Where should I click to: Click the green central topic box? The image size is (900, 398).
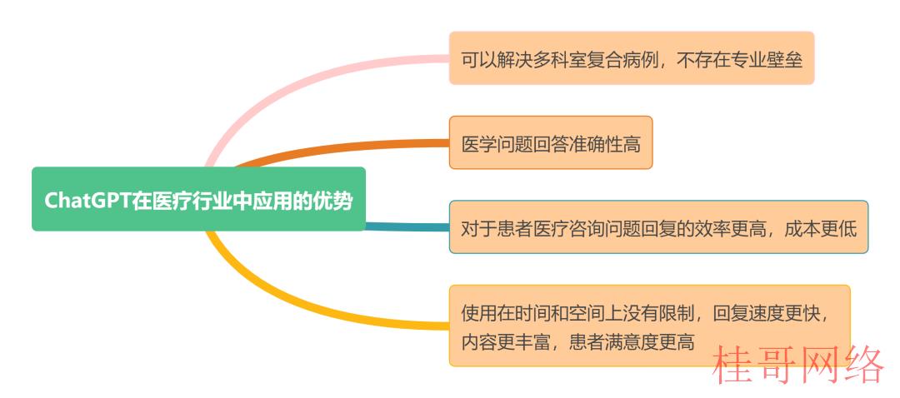click(x=198, y=199)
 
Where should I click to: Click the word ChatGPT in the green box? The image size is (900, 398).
click(x=87, y=201)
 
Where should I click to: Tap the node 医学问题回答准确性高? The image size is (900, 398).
click(x=551, y=143)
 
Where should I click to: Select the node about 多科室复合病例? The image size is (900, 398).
click(x=632, y=58)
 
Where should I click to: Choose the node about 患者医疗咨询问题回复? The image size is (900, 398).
click(x=658, y=227)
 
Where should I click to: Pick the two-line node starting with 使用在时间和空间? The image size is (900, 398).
click(x=649, y=326)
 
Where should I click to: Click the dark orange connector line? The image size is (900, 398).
click(x=344, y=150)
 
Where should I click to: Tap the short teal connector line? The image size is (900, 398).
click(x=407, y=226)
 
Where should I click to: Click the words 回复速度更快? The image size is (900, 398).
click(x=766, y=313)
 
